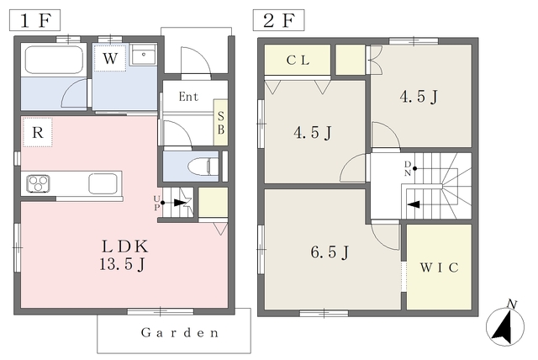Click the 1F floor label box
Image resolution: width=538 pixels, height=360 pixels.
[x=34, y=20]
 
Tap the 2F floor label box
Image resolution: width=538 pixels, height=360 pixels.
[x=278, y=20]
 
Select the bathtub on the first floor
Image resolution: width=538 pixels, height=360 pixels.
[x=54, y=60]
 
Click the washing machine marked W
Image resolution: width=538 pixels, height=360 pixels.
[x=110, y=58]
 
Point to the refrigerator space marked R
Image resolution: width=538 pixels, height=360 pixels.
[x=37, y=132]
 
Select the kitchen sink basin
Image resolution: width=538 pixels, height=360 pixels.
[x=103, y=183]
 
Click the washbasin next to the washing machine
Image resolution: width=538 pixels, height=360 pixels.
[x=144, y=55]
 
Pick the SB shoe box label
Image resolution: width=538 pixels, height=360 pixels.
[x=221, y=123]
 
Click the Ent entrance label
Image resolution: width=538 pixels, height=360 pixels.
[x=188, y=97]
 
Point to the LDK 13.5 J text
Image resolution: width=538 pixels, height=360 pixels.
[x=124, y=255]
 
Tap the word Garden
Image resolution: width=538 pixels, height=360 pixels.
[x=180, y=332]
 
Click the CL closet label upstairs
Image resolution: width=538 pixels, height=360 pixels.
[x=298, y=61]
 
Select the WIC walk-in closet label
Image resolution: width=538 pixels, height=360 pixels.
[x=439, y=267]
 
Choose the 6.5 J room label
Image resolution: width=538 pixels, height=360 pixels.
[x=330, y=252]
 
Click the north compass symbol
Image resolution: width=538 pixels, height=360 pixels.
[x=505, y=324]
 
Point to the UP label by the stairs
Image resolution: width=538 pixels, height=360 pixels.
[x=156, y=203]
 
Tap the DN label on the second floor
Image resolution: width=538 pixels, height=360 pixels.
[x=407, y=168]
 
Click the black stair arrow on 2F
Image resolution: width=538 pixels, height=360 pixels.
[x=414, y=204]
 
